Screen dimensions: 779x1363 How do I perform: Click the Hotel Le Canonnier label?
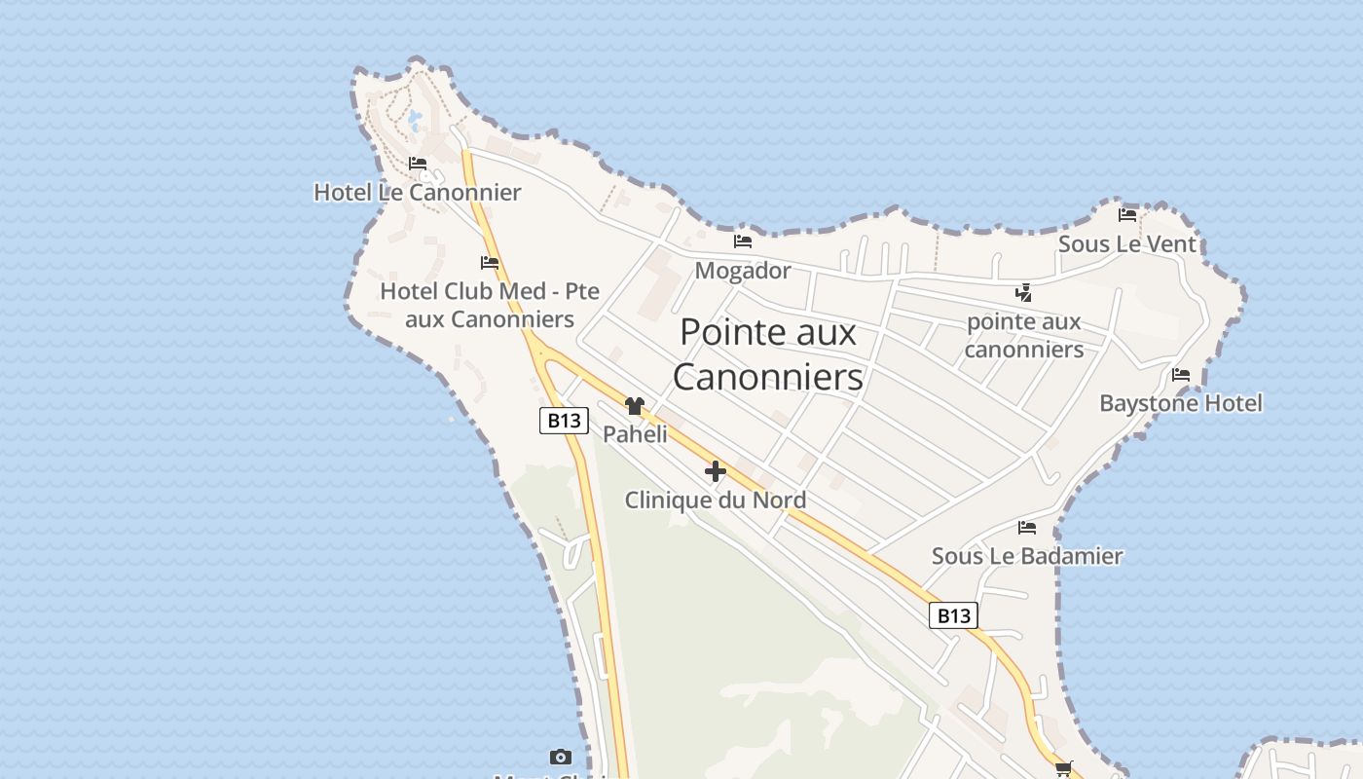[x=417, y=193]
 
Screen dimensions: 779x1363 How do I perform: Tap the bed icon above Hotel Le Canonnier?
[x=418, y=164]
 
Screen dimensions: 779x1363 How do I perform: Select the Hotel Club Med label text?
[x=490, y=305]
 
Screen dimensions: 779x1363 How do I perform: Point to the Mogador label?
[x=743, y=271]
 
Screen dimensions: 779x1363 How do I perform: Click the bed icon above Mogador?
[x=743, y=241]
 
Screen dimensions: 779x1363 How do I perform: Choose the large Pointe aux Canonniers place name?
[x=768, y=354]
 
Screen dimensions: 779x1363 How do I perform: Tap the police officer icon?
[x=1023, y=292]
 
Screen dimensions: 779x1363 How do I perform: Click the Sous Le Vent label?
[x=1127, y=243]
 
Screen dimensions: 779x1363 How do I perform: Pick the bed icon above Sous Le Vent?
[x=1127, y=214]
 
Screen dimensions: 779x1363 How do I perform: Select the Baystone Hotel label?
[x=1181, y=403]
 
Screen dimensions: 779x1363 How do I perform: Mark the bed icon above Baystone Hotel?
[x=1181, y=374]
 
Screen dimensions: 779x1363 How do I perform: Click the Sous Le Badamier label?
[x=1027, y=556]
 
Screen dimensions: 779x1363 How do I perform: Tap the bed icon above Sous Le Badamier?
[x=1027, y=528]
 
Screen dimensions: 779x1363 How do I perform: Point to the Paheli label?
[x=635, y=434]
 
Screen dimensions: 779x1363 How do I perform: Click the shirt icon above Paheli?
[x=635, y=406]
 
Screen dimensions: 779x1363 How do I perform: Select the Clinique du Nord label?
[x=716, y=501]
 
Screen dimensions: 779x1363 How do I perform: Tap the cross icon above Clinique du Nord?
[x=716, y=471]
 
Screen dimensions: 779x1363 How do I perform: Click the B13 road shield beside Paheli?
[x=565, y=421]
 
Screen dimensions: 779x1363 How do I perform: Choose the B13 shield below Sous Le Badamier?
[x=953, y=615]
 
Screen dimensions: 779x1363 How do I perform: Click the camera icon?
[x=560, y=757]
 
